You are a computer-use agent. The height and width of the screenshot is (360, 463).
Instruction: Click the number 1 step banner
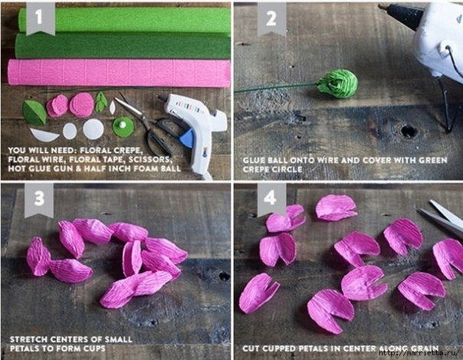click(41, 18)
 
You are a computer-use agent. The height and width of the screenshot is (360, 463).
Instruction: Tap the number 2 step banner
click(271, 18)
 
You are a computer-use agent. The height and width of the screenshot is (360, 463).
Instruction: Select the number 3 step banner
click(39, 200)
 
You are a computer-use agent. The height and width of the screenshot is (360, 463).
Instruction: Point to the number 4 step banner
click(271, 198)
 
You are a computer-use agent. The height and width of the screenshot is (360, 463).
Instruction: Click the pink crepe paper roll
click(119, 73)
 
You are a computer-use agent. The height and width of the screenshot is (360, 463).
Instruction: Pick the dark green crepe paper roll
click(123, 45)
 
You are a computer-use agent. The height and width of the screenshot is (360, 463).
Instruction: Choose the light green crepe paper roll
click(125, 20)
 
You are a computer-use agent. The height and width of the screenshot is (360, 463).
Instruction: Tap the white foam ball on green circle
click(122, 125)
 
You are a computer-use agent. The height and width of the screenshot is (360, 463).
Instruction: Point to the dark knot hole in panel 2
click(409, 131)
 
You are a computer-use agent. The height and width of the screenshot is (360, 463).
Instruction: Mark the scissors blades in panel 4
click(441, 216)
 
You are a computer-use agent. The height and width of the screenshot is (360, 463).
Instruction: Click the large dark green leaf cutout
click(34, 113)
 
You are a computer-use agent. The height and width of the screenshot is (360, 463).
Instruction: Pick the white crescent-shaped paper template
click(44, 135)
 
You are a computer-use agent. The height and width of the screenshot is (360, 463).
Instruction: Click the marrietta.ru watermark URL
click(419, 353)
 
